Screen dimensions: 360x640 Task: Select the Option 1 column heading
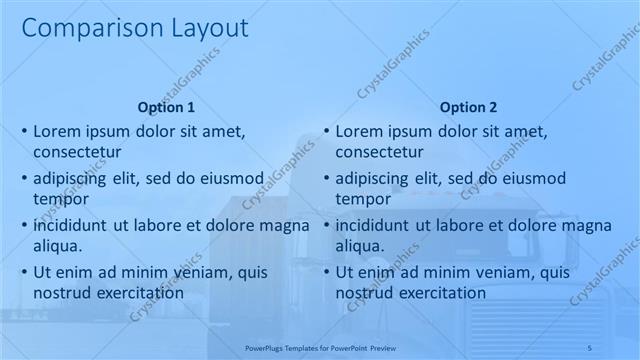(165, 107)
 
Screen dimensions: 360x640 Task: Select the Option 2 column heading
(467, 107)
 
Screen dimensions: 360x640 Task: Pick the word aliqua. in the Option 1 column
(58, 246)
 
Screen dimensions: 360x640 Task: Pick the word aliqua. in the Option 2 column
(360, 246)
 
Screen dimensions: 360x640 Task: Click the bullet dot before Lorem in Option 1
(24, 132)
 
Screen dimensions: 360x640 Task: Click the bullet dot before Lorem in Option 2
(326, 132)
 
